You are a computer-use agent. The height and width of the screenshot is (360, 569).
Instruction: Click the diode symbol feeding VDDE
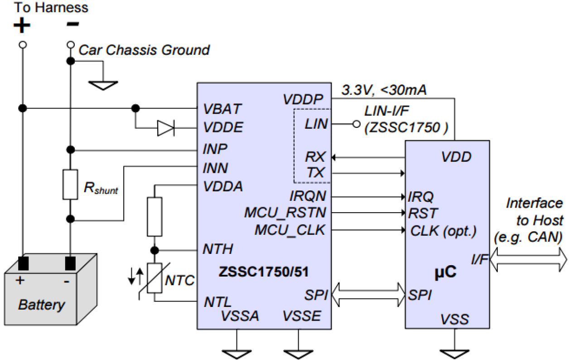click(x=165, y=128)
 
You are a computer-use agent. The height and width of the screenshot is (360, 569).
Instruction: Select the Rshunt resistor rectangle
click(x=70, y=184)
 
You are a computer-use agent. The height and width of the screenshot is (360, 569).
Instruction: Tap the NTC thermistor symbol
click(x=155, y=277)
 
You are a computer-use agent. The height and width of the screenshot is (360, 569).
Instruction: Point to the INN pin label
click(x=215, y=168)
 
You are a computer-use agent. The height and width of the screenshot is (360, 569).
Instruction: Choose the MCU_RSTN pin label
click(x=285, y=213)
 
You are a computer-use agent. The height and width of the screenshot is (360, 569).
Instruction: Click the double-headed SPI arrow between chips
click(x=368, y=295)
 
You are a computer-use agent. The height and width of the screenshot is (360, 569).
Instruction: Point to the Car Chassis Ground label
click(x=144, y=50)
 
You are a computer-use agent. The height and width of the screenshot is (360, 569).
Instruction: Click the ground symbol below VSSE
click(x=298, y=352)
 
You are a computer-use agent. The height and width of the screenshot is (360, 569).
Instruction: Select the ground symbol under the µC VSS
click(x=453, y=352)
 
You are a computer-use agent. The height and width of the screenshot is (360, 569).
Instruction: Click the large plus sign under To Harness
click(x=21, y=26)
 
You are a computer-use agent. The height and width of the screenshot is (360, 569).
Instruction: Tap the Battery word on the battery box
click(x=42, y=304)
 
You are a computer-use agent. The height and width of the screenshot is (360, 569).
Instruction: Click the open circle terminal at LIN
click(x=357, y=124)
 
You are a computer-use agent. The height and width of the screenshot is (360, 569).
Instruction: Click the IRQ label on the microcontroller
click(x=420, y=197)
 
